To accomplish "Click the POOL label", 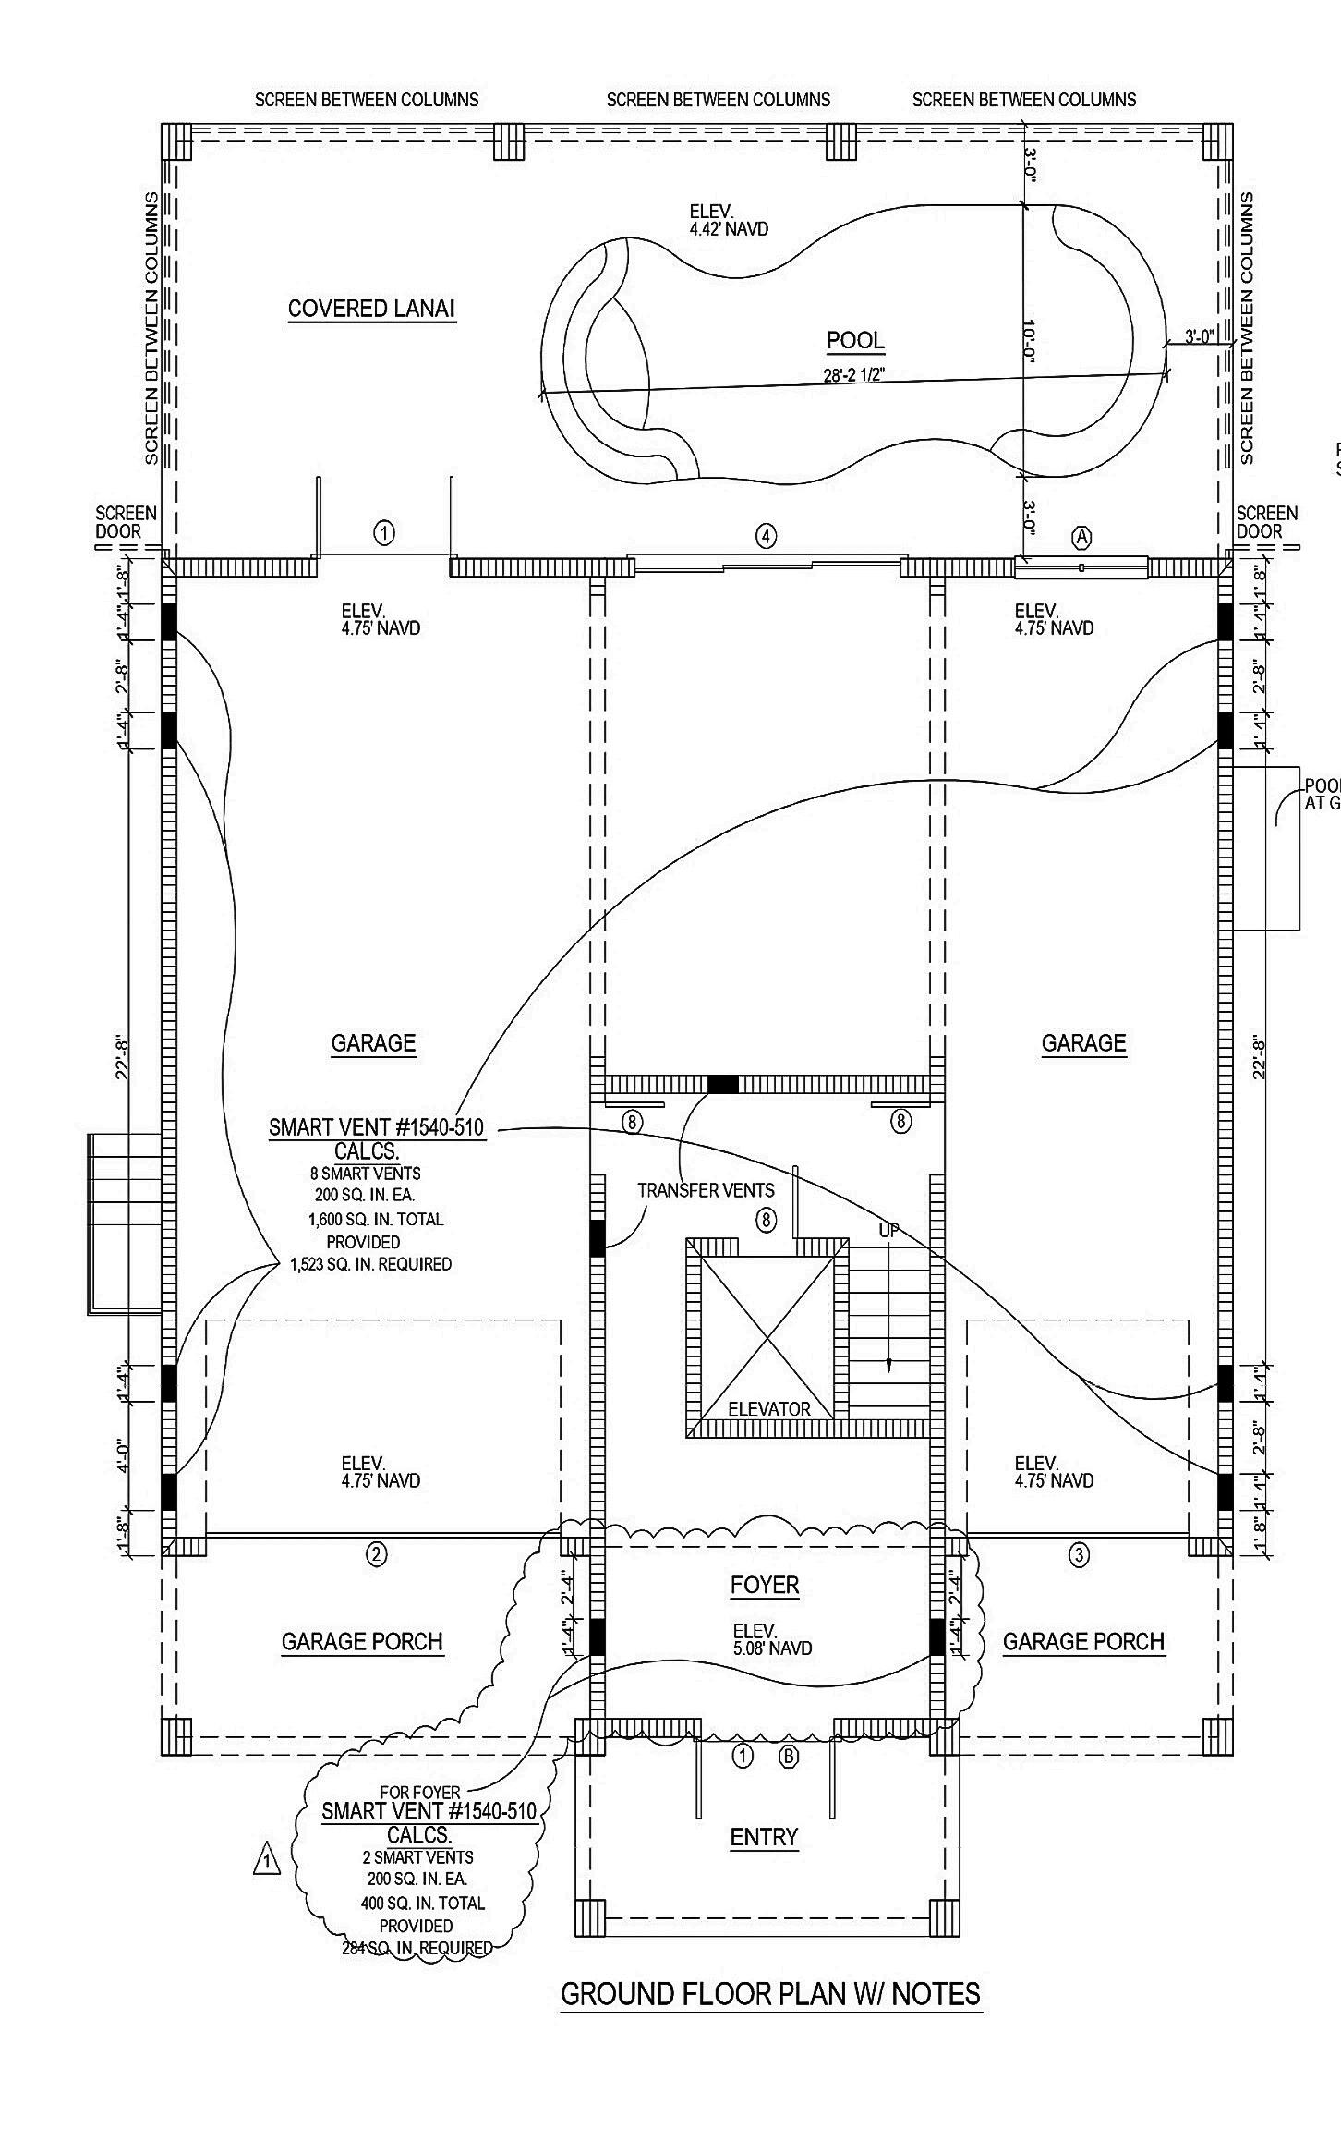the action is (x=855, y=340).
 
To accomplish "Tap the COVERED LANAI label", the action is (x=371, y=309).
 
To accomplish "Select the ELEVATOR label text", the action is (x=769, y=1409).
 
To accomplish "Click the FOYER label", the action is (x=765, y=1586).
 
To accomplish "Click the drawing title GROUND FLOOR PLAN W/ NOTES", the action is (x=770, y=1994).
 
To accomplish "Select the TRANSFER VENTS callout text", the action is (x=706, y=1190).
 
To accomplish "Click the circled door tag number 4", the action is (x=766, y=535).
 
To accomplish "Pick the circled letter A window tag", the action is (x=1081, y=537).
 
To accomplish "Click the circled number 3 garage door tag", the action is (x=1078, y=1555).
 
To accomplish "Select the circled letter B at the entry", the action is (x=789, y=1757).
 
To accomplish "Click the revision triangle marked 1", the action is (x=266, y=1858).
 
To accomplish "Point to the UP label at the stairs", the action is (x=888, y=1231).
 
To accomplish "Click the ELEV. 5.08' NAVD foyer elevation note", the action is (x=772, y=1639).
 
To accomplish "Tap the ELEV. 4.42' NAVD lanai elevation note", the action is (x=729, y=220).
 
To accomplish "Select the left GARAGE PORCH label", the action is (x=362, y=1642).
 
